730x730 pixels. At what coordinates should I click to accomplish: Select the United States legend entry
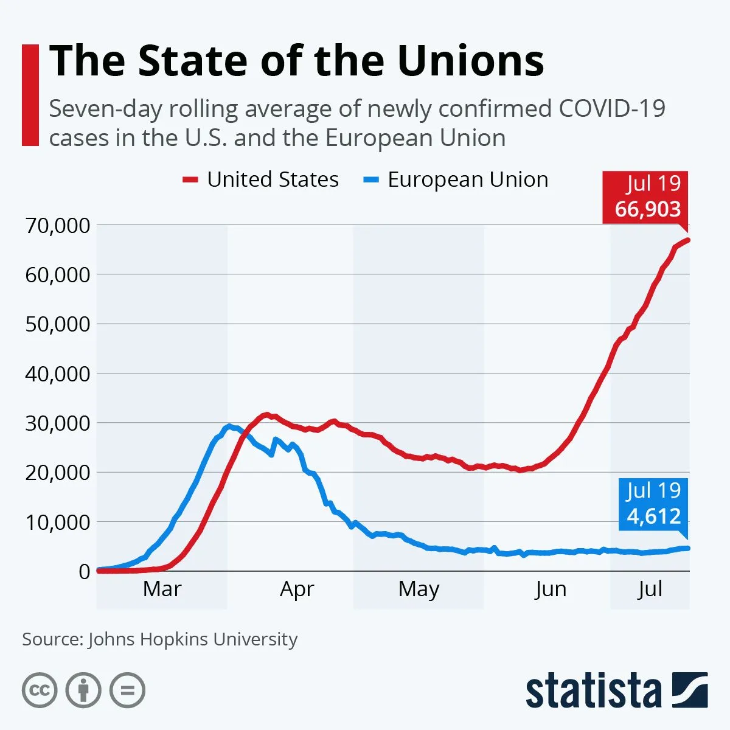pos(261,179)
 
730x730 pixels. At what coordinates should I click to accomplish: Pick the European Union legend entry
pos(456,179)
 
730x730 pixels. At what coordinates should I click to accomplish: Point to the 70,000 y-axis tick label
pos(57,225)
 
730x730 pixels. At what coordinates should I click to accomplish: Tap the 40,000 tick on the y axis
pos(57,374)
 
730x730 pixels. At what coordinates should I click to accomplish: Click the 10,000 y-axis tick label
pos(57,522)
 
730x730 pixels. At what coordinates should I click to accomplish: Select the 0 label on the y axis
pos(84,571)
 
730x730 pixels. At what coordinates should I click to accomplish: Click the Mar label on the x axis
pos(162,589)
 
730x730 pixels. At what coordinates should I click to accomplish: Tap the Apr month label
pos(297,589)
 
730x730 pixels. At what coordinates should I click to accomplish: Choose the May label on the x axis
pos(419,589)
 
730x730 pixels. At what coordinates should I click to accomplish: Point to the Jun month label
pos(551,589)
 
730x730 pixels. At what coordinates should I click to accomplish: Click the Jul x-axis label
pos(650,589)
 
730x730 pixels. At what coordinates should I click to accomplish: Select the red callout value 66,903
pos(647,209)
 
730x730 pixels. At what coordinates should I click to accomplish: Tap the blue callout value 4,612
pos(653,516)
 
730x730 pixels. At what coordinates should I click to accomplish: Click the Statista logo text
pos(593,692)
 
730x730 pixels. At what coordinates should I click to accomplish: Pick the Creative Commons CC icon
pos(40,690)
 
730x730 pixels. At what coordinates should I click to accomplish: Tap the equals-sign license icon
pos(128,690)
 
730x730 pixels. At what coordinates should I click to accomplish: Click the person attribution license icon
pos(83,690)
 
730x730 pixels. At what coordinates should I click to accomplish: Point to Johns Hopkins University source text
pos(193,639)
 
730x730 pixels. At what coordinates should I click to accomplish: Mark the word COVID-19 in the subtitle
pos(612,109)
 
